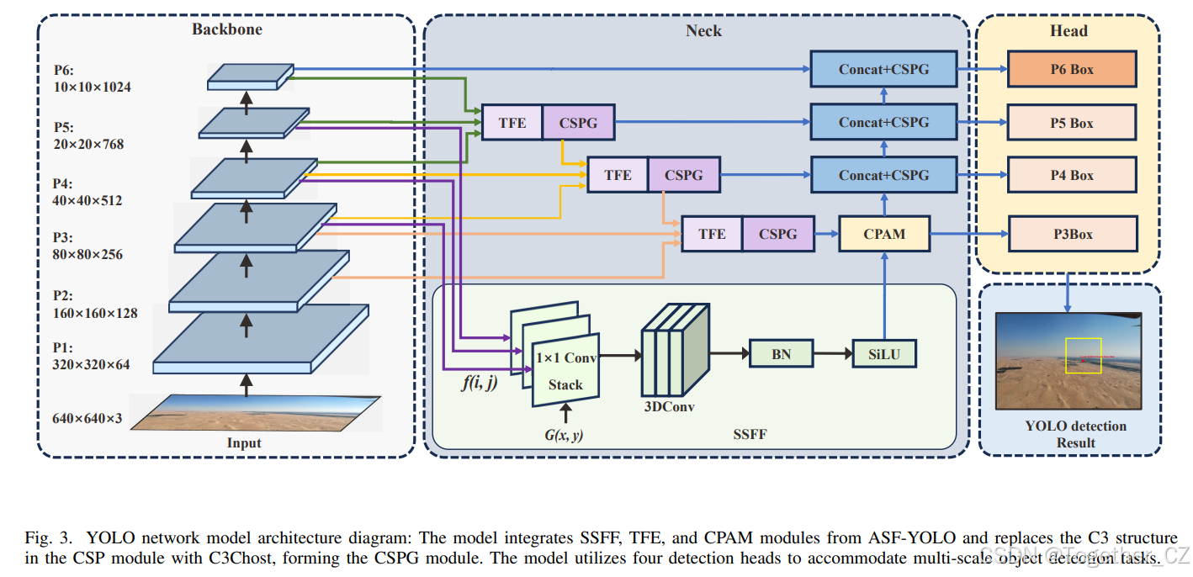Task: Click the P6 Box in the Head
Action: [x=1072, y=69]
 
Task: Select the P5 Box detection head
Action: [x=1072, y=123]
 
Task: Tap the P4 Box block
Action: [x=1072, y=175]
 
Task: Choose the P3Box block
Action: [x=1072, y=234]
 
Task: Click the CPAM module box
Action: [x=884, y=234]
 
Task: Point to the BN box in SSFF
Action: [x=781, y=354]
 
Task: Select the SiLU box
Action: [x=884, y=354]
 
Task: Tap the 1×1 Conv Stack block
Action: [x=565, y=371]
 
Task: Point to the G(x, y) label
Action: [x=565, y=434]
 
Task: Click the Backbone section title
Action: [x=226, y=29]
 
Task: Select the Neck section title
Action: [x=703, y=31]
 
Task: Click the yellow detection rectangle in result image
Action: [x=1083, y=356]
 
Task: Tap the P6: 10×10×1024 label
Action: [x=82, y=78]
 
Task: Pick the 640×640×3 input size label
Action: [x=87, y=418]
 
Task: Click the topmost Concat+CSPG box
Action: [x=883, y=69]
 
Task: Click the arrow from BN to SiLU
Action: [x=833, y=354]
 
